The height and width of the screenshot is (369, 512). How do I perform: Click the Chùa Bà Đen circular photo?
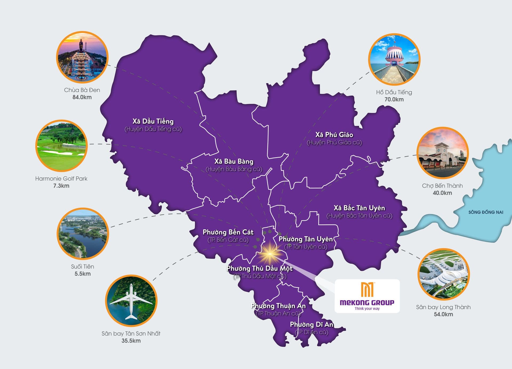(82, 57)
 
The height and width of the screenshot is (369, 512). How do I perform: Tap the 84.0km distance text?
(82, 97)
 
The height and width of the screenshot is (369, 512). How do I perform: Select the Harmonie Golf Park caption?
(61, 179)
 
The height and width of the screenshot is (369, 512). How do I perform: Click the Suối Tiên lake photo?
(83, 234)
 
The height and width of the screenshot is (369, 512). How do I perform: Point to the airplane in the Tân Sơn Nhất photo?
(131, 301)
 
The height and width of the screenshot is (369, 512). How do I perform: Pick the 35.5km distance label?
(131, 341)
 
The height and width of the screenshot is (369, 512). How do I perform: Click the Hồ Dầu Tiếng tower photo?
(394, 59)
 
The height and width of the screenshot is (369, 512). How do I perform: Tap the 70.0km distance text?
(394, 99)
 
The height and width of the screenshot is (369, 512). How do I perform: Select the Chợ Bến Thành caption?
(442, 186)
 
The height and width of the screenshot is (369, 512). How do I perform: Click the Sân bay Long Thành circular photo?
(443, 274)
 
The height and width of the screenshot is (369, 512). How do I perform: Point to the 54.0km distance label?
(443, 314)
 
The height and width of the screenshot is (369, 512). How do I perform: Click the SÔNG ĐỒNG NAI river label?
(486, 212)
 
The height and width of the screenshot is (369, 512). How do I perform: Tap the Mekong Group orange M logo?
(367, 290)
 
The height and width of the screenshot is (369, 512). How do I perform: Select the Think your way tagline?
(367, 308)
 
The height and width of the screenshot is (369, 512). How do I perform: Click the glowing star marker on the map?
(270, 254)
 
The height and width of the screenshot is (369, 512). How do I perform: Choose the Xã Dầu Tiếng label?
(153, 121)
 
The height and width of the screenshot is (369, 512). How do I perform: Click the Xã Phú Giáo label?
(334, 135)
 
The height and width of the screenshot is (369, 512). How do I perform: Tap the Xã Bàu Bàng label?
(234, 161)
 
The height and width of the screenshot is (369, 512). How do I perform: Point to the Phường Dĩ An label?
(312, 324)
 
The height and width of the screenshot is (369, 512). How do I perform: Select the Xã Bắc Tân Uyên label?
(359, 208)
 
